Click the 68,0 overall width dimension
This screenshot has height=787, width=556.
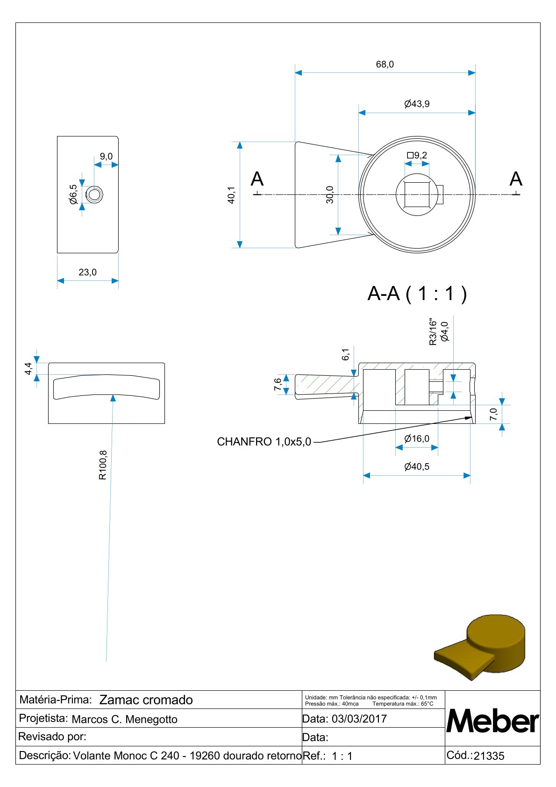point(385,64)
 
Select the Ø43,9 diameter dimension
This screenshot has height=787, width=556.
point(417,104)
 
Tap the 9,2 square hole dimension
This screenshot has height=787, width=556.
point(417,155)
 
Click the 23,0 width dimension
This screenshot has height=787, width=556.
point(87,272)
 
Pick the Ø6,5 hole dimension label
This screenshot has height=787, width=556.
point(73,194)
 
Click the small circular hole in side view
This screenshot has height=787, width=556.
point(95,194)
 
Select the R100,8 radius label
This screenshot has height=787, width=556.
point(103,465)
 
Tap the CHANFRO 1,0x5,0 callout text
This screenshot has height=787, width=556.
point(264,442)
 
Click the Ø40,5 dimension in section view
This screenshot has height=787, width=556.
point(417,466)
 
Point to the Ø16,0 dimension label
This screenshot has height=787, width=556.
point(417,438)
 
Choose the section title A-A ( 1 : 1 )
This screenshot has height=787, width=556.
point(417,293)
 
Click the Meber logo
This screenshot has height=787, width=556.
point(492,721)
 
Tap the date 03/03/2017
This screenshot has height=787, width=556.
point(359,719)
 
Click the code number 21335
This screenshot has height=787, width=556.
point(489,756)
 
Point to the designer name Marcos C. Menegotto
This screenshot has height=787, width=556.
point(124,719)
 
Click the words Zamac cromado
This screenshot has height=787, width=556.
point(146,700)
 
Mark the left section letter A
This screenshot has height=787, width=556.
point(257,179)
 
